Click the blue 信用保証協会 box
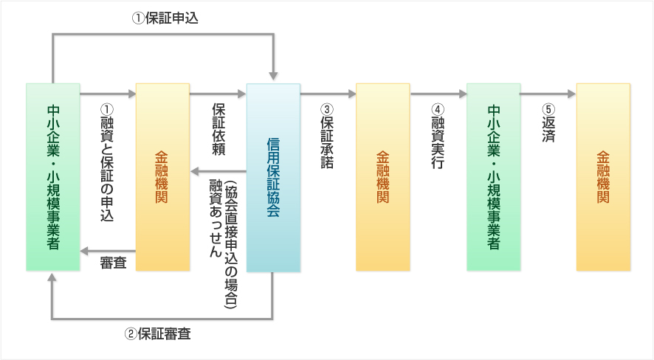[273, 178]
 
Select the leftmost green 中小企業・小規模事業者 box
[53, 177]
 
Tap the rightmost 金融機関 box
[603, 177]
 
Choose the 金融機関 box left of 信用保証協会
[162, 177]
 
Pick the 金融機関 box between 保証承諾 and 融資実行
[382, 177]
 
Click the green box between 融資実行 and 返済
[493, 177]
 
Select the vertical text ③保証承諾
[327, 136]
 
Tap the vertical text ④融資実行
[438, 136]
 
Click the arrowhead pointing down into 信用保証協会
[273, 75]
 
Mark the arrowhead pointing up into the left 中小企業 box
[52, 278]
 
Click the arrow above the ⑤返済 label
[548, 94]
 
